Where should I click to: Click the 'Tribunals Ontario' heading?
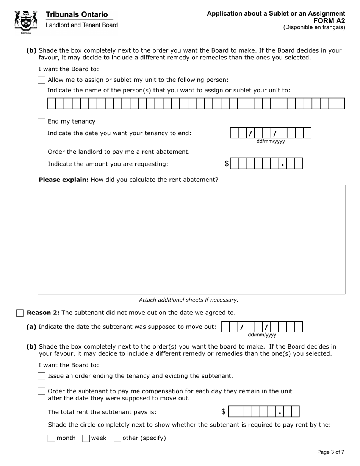[77, 14]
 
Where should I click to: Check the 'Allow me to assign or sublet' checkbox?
[42, 80]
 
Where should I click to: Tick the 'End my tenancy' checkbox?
[42, 122]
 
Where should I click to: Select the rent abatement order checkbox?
[42, 152]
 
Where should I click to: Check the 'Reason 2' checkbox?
[20, 313]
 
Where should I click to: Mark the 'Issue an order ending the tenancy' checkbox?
[42, 376]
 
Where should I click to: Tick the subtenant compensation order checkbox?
[42, 391]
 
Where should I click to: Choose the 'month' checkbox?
[52, 438]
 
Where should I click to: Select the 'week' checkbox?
[86, 438]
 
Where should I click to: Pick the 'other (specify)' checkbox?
[117, 438]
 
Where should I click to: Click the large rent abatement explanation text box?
[191, 239]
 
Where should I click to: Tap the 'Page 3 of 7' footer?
[330, 452]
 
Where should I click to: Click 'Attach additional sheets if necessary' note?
[189, 300]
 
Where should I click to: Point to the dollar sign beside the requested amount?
[227, 164]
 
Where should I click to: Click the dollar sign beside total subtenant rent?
[223, 412]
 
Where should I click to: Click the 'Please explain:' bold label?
[63, 180]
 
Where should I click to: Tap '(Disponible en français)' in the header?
[314, 27]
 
